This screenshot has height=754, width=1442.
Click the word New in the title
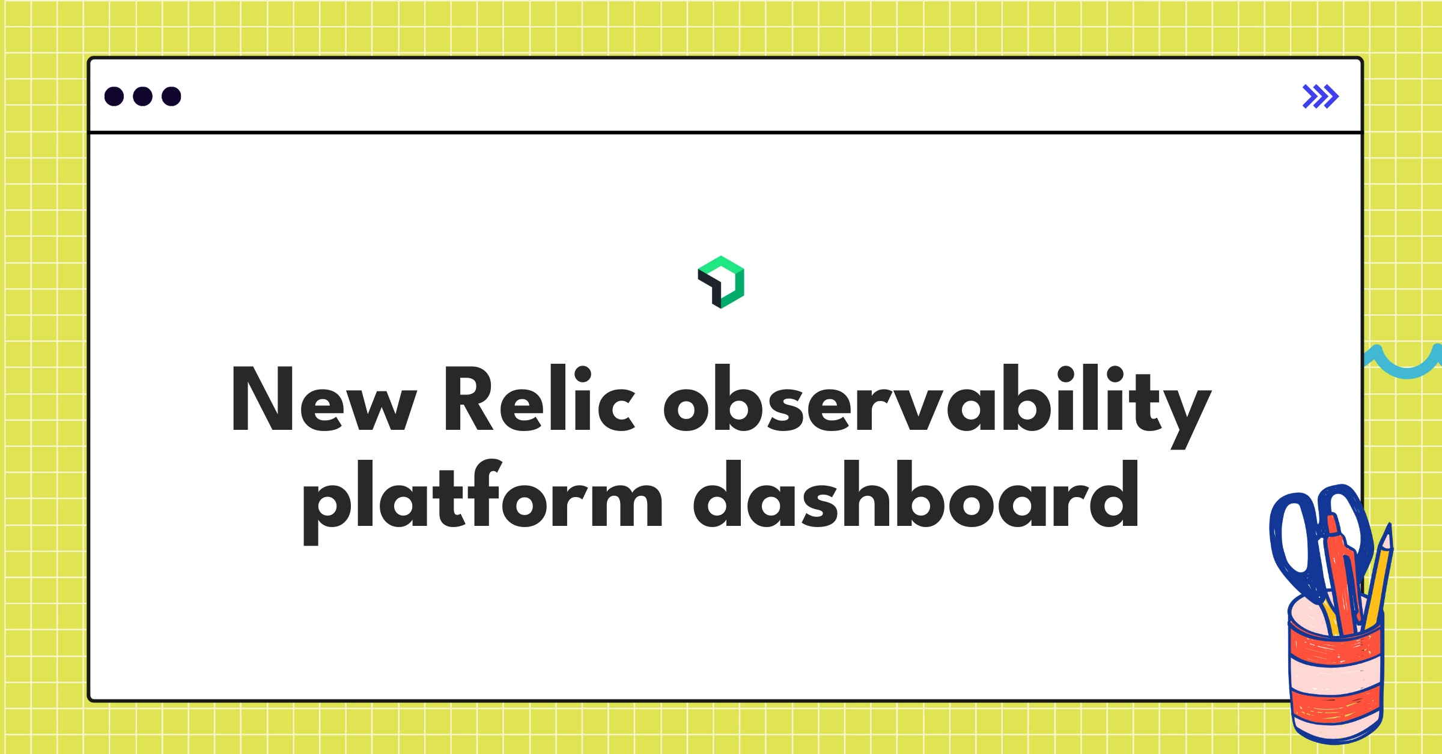[x=323, y=399]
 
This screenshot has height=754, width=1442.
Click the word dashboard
[x=916, y=495]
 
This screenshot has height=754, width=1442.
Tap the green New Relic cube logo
[x=721, y=282]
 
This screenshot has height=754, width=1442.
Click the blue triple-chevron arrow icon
[x=1320, y=97]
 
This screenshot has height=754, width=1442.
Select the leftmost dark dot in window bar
[x=114, y=96]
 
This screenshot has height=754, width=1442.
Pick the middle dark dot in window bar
[x=142, y=96]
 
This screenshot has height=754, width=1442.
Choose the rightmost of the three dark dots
[x=171, y=96]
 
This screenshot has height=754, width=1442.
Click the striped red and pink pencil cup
[x=1335, y=678]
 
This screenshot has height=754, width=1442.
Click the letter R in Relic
[x=469, y=399]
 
